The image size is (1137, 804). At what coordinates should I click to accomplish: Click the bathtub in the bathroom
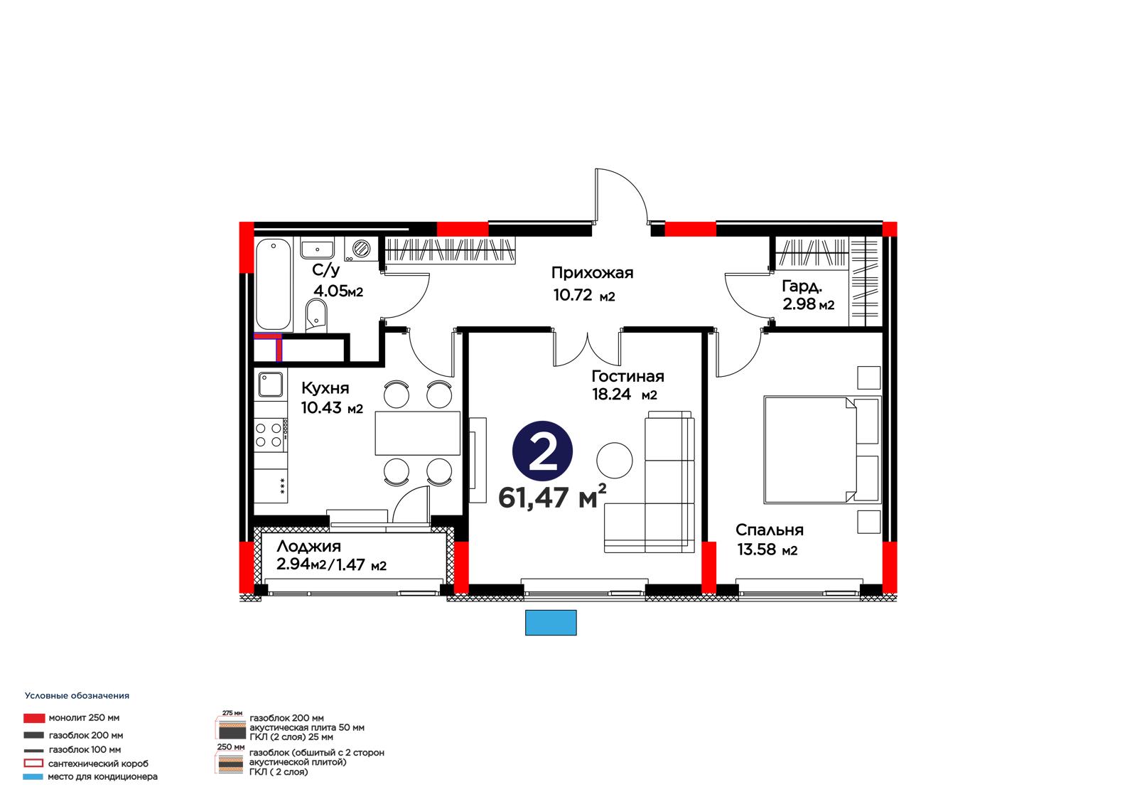point(274,284)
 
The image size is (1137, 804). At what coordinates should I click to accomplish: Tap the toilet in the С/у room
point(317,316)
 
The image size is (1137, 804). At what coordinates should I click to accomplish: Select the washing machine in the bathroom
point(362,249)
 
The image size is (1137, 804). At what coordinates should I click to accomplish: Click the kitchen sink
point(271,385)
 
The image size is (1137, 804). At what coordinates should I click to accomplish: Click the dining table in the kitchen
point(418,433)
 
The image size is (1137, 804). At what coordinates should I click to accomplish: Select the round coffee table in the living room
point(614,460)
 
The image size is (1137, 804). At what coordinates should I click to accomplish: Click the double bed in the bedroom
point(821,450)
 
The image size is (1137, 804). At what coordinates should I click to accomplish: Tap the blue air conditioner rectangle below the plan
point(551,623)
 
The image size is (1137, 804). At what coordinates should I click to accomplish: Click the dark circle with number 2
point(543,451)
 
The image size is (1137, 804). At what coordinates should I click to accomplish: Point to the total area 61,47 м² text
point(552,497)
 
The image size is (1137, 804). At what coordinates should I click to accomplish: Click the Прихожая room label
point(593,273)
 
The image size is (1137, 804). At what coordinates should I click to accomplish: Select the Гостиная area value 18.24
point(611,394)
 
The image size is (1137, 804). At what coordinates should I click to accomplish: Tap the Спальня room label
point(770,530)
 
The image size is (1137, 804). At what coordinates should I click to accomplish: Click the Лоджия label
point(308,547)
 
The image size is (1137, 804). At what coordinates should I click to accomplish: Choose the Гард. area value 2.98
point(799,304)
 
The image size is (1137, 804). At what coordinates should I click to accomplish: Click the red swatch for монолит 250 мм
point(34,718)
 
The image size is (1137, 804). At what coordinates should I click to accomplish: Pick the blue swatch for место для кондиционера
point(33,776)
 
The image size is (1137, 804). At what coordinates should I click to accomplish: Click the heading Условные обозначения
point(77,696)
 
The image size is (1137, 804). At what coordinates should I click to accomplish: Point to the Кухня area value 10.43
point(322,408)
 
